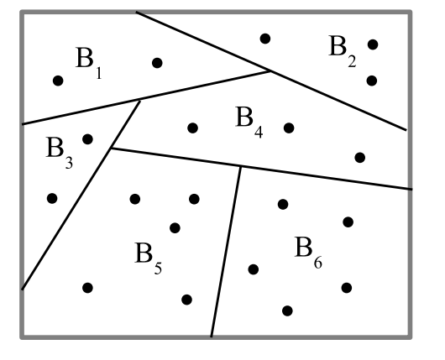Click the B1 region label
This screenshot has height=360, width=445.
point(88,62)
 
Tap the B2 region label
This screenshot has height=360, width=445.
point(343,51)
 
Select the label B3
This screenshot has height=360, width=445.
point(60,153)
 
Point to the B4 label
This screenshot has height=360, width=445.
point(249,122)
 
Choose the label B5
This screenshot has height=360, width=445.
point(148,258)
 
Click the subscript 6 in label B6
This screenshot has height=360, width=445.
point(318,263)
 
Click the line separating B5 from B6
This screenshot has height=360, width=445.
point(226,252)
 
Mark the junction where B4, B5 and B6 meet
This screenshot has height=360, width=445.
point(241,167)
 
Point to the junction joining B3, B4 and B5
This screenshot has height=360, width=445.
point(111,148)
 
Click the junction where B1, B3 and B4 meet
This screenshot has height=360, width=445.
point(139,101)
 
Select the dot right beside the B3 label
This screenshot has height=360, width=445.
point(87,139)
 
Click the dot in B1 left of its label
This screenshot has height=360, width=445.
point(58,81)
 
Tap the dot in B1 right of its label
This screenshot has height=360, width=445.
point(157,63)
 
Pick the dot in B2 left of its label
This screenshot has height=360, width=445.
point(265,39)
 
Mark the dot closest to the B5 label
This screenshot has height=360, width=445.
point(175,227)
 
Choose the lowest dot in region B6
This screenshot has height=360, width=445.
point(287,311)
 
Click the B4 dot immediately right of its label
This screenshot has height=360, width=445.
point(289,128)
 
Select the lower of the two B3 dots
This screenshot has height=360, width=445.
point(52,198)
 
